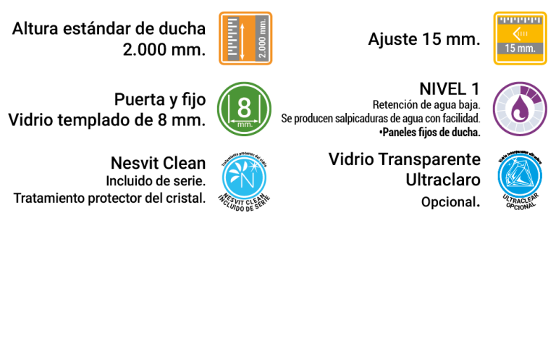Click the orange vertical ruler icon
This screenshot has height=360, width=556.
(245, 38)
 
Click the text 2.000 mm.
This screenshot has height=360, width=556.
(262, 38)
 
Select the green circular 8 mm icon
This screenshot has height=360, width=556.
(244, 109)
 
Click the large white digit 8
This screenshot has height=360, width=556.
(244, 107)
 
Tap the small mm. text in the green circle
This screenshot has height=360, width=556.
(244, 125)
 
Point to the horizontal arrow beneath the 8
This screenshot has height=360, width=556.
(244, 120)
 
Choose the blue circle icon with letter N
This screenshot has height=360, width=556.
(244, 177)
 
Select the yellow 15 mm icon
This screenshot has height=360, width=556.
(520, 38)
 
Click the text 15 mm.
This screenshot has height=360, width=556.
(520, 49)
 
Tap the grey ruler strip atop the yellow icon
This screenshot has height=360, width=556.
(520, 20)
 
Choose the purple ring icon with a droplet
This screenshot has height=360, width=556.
(520, 109)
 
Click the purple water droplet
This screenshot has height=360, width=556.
(519, 111)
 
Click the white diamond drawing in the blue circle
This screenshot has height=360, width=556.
(520, 176)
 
